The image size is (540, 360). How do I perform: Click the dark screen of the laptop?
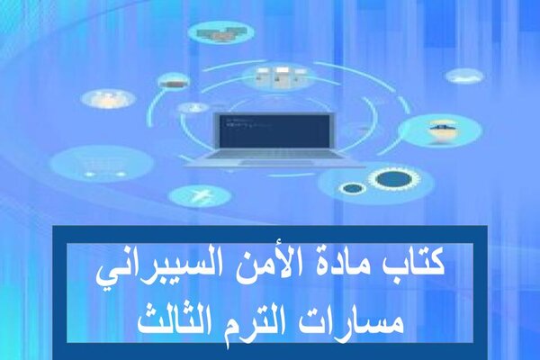[x=274, y=131]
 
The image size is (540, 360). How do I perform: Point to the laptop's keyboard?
[x=274, y=154]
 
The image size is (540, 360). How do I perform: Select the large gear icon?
[x=394, y=179]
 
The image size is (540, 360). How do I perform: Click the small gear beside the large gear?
[x=351, y=188]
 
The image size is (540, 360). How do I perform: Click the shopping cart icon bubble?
[x=103, y=164]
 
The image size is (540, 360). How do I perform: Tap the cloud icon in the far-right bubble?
[x=464, y=76]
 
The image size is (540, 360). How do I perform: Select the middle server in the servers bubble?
[x=281, y=76]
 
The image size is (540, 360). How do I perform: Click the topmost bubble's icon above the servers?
[x=220, y=33]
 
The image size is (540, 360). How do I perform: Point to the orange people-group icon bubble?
[x=108, y=98]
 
